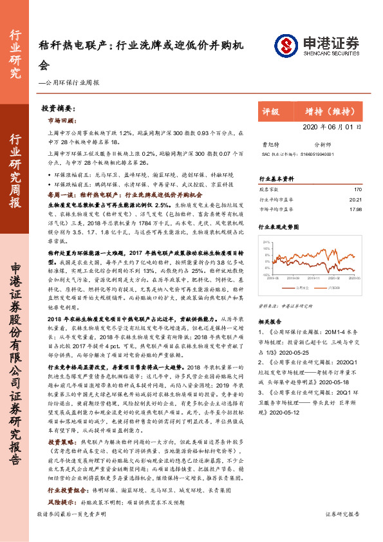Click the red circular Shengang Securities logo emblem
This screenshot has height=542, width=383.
[285, 44]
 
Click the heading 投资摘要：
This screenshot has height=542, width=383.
[59, 109]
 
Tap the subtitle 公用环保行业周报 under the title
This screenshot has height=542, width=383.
[71, 83]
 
